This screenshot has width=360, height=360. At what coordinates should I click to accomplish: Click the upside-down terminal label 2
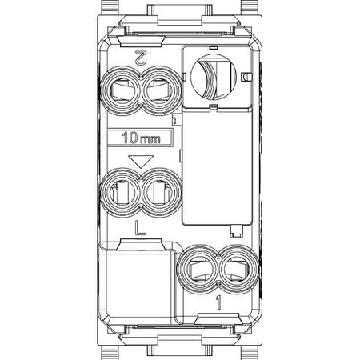(x=140, y=58)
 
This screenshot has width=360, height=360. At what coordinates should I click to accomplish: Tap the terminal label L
(x=140, y=228)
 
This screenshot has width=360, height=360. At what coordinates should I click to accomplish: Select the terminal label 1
(x=218, y=302)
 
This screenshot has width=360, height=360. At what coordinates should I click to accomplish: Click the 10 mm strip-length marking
(x=141, y=138)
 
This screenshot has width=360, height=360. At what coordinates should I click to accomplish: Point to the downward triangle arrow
(x=141, y=162)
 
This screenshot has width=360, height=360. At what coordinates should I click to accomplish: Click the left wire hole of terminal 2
(x=122, y=90)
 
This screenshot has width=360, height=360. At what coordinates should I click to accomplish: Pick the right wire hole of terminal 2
(x=161, y=90)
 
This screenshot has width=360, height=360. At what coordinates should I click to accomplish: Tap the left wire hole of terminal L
(x=122, y=193)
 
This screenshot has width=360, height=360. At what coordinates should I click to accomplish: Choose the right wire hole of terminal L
(x=161, y=193)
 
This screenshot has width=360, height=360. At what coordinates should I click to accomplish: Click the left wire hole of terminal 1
(x=198, y=270)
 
